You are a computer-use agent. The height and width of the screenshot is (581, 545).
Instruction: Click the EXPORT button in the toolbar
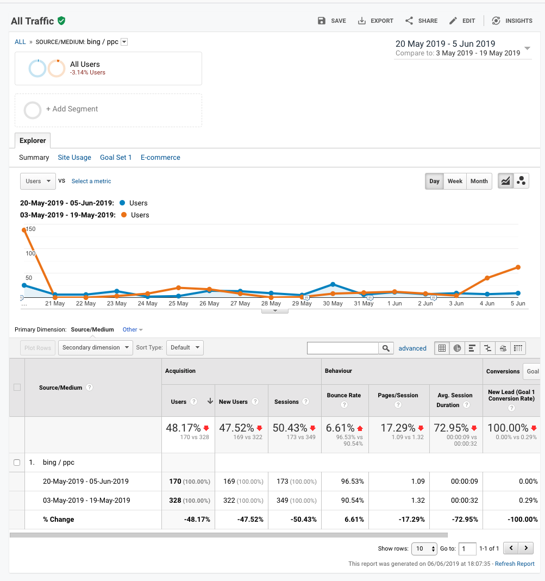coord(375,21)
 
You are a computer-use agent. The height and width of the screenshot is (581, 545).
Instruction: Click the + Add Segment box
coord(108,110)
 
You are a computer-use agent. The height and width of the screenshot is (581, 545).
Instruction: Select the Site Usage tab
coord(74,158)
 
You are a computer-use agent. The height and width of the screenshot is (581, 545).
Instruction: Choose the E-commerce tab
coord(160,158)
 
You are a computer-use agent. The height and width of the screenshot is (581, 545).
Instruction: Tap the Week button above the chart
coord(455,181)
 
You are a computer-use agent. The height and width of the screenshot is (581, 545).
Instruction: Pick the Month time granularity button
coord(479,181)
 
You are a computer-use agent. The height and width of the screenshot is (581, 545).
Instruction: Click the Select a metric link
coord(91,181)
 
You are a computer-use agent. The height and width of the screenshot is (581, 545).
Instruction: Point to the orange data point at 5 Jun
coord(518,267)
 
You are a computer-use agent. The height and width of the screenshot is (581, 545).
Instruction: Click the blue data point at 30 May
coord(333,284)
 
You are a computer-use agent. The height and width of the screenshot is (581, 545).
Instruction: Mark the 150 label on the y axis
coord(31,229)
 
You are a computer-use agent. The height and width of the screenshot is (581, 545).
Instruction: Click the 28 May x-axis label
coord(271,303)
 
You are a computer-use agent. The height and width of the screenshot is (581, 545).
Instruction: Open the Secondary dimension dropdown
coord(95,348)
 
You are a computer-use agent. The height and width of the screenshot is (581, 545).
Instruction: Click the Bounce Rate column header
coord(344,396)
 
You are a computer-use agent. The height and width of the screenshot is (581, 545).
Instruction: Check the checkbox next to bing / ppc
coord(17,463)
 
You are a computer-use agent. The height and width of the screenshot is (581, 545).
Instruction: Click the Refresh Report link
coord(515,564)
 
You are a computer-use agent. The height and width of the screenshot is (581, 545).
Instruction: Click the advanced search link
coord(412,348)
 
